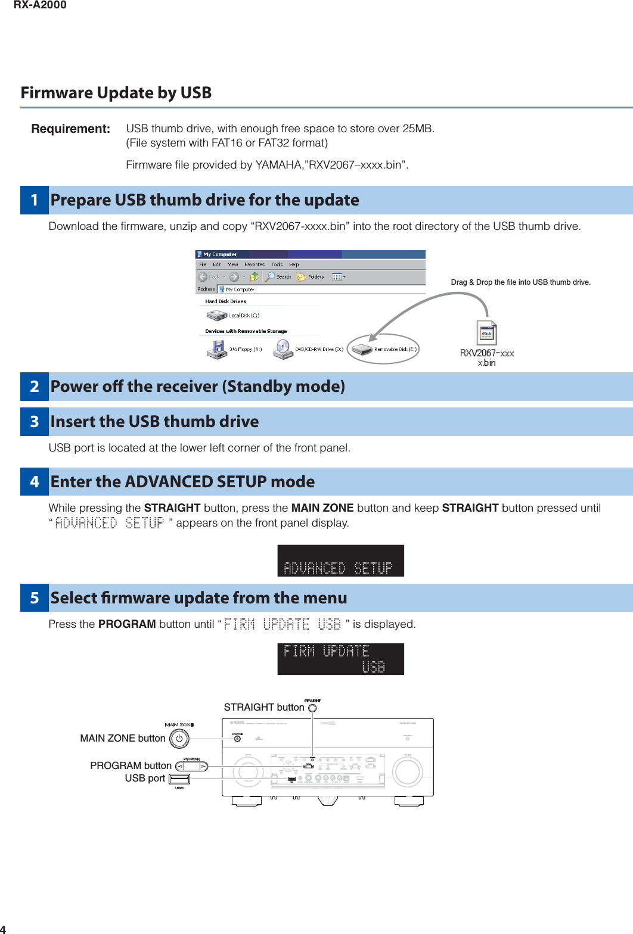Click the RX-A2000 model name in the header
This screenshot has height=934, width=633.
click(x=40, y=5)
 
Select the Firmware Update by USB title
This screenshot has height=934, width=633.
click(x=116, y=93)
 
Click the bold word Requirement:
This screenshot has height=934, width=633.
click(x=70, y=129)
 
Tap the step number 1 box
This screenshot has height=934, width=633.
click(x=35, y=200)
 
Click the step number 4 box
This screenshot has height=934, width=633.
click(x=35, y=482)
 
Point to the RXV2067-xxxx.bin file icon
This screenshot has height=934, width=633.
click(x=486, y=333)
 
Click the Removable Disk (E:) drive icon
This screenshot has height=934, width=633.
click(x=362, y=349)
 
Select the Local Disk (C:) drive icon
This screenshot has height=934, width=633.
click(x=217, y=315)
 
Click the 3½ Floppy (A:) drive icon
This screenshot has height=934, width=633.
click(x=217, y=349)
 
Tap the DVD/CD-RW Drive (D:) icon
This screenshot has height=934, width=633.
click(x=283, y=349)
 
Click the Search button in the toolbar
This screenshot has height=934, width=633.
click(x=278, y=276)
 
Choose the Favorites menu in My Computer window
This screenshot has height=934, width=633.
click(x=254, y=264)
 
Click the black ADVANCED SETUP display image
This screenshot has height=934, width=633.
click(x=340, y=561)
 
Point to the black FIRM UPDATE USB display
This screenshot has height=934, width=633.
click(x=340, y=659)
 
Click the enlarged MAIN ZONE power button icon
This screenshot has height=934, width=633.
click(x=179, y=739)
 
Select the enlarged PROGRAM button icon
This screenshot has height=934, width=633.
click(x=191, y=767)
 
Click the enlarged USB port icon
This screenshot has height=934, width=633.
click(x=179, y=779)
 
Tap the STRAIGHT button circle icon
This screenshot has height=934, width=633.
click(x=312, y=708)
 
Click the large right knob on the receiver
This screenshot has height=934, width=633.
click(x=407, y=771)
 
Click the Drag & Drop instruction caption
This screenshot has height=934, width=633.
click(x=520, y=282)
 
